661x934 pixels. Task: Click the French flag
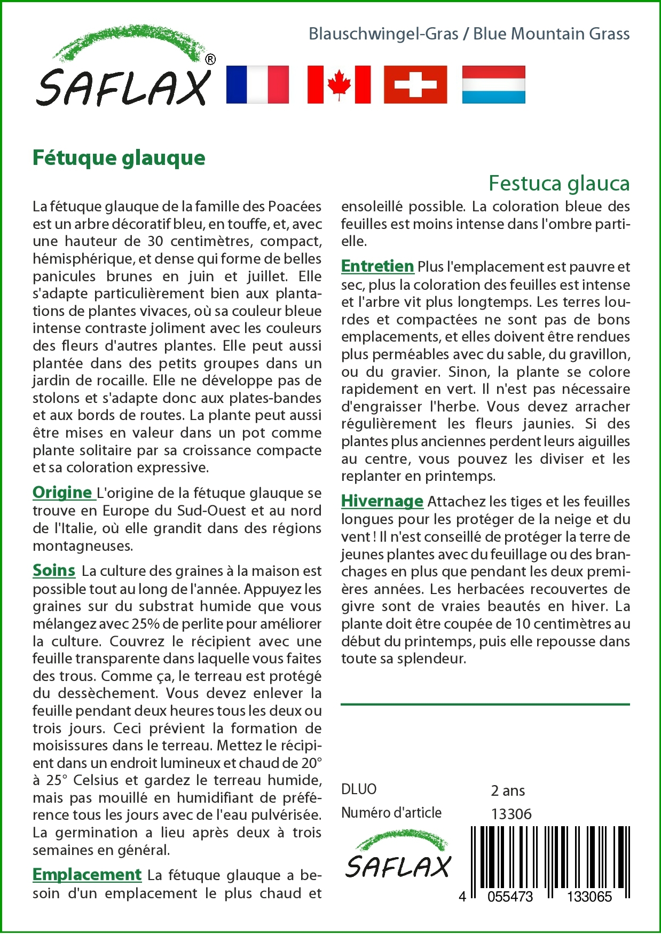(x=257, y=84)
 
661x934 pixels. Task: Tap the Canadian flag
(x=339, y=84)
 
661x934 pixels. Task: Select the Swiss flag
(x=415, y=84)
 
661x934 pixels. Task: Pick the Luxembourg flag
(x=493, y=84)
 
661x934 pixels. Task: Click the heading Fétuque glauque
(x=119, y=158)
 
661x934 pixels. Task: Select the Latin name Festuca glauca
(x=559, y=183)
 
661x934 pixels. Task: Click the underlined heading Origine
(x=62, y=492)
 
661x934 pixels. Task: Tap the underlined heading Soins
(x=54, y=570)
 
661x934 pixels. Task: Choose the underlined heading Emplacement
(x=87, y=874)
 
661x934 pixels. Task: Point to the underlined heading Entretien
(x=377, y=266)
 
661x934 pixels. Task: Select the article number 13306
(x=511, y=814)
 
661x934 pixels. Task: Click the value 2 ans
(x=508, y=790)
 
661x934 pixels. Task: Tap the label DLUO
(x=359, y=789)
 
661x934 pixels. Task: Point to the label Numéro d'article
(x=391, y=813)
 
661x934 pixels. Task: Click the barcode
(x=550, y=859)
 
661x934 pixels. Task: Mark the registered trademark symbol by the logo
(x=210, y=59)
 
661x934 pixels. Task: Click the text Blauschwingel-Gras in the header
(x=383, y=34)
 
